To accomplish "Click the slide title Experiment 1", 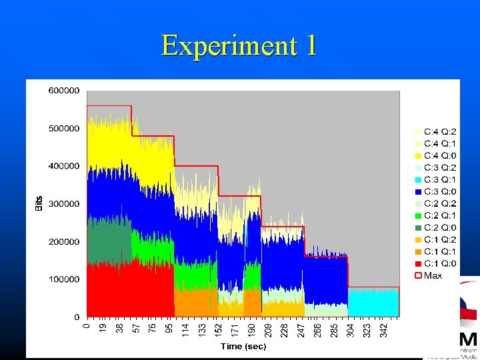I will (239, 45).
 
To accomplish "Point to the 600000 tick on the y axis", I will (64, 90).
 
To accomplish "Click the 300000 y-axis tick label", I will (64, 203).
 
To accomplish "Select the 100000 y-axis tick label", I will (64, 279).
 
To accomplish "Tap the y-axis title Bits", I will (39, 204).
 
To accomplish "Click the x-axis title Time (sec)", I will (243, 346).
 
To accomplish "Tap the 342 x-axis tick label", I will (383, 329).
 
